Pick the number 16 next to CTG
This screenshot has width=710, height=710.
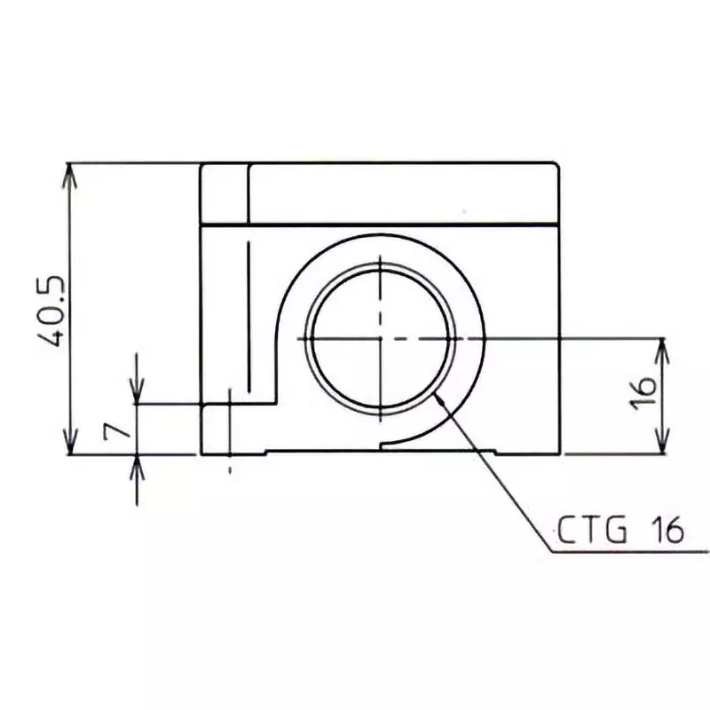point(667,531)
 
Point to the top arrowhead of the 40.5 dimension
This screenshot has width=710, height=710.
point(69,170)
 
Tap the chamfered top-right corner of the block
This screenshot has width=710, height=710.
point(556,166)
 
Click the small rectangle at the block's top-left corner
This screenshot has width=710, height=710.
point(224,193)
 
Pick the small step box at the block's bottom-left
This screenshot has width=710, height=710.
point(216,429)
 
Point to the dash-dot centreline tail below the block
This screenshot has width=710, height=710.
point(230,465)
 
